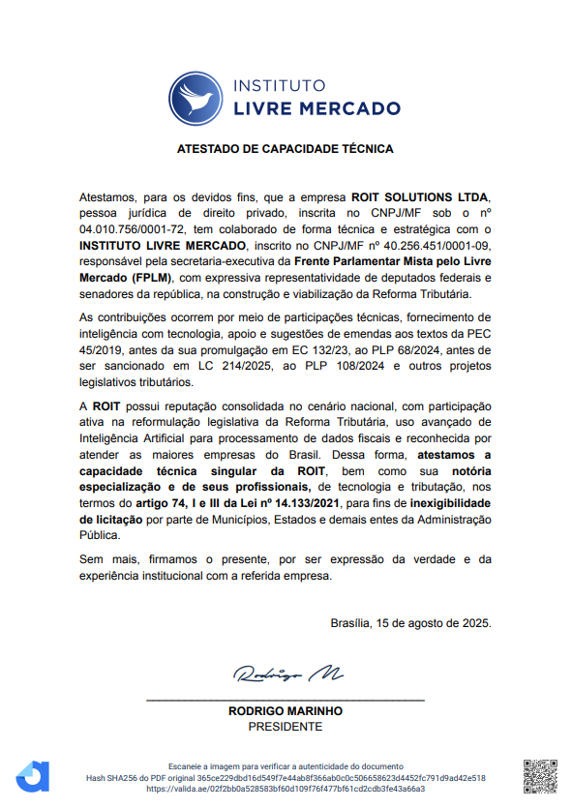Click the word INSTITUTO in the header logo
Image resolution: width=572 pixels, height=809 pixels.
(x=280, y=85)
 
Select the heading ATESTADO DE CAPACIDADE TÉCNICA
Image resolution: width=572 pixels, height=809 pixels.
(x=286, y=150)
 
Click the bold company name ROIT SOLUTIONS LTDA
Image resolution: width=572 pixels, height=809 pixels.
(x=421, y=195)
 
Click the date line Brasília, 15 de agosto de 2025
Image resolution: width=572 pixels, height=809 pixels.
(x=410, y=622)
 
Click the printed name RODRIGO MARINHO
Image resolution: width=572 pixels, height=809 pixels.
(x=286, y=710)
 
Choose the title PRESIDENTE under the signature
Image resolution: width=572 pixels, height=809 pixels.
(x=286, y=727)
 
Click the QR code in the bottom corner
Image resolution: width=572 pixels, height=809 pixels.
(x=540, y=774)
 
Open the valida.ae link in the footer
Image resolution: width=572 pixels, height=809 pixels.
(x=286, y=789)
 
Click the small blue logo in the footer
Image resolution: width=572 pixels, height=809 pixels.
(x=33, y=776)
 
